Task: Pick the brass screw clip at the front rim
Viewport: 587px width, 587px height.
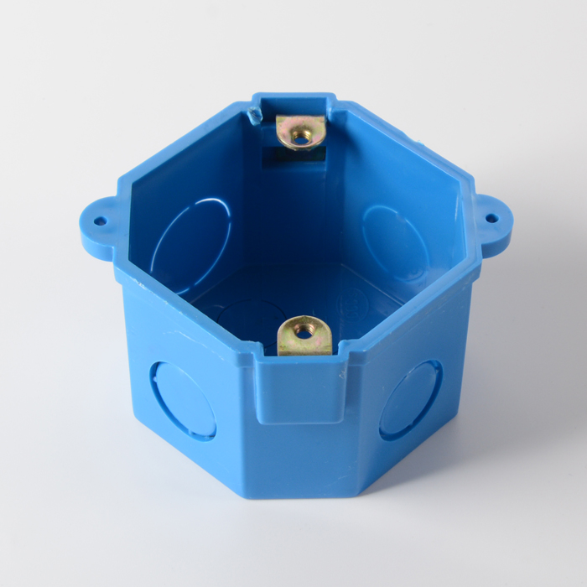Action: (304, 335)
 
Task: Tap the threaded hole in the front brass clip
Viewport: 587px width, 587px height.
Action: (304, 330)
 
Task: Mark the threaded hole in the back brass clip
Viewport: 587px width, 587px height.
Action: (299, 129)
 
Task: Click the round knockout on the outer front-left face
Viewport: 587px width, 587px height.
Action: (183, 401)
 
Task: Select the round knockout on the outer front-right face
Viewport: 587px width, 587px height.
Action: (410, 400)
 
